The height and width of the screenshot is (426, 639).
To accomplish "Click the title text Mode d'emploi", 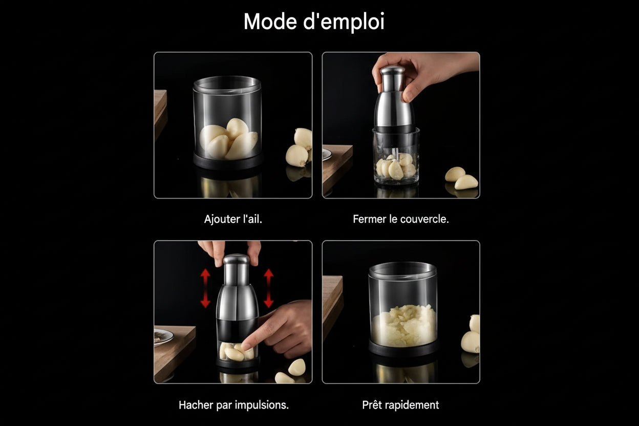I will pos(313,22).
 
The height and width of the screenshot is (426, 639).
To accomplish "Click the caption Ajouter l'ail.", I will pos(233,219).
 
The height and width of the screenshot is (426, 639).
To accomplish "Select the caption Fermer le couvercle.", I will pos(400,219).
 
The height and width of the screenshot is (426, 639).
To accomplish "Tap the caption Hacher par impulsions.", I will pos(233,405).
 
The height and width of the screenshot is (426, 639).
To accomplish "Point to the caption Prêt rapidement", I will pos(400,405).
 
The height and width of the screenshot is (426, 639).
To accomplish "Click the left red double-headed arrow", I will pos(205,288).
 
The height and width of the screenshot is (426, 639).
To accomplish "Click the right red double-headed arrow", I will pos(269,288).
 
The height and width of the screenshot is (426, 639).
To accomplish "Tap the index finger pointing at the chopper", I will pos(259,333).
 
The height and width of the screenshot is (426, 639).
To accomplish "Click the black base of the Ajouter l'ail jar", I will pos(228,162).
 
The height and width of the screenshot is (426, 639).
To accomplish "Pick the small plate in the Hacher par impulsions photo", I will pos(162,337).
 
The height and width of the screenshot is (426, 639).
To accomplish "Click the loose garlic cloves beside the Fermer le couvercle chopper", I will pos(461,178).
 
